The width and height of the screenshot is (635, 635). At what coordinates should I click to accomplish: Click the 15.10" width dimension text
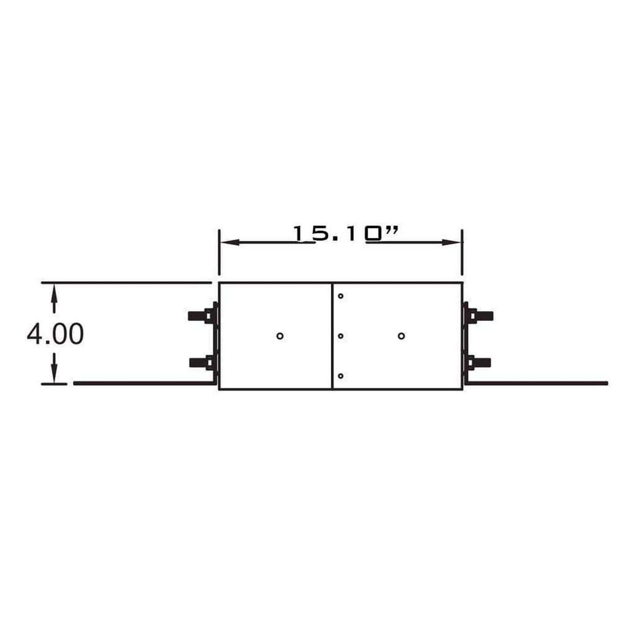pos(345,234)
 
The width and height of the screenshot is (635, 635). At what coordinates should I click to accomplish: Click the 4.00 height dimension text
pos(55,334)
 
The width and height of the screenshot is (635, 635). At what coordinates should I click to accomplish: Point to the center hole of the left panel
pos(280,336)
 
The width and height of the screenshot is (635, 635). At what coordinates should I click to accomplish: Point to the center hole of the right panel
pos(401,336)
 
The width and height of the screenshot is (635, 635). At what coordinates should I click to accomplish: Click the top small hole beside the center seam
pos(341,296)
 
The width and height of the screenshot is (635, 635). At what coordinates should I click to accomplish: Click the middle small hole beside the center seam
pos(341,336)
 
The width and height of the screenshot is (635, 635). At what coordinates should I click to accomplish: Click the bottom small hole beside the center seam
pos(341,376)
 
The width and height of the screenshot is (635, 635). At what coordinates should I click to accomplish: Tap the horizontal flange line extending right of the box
pos(541,383)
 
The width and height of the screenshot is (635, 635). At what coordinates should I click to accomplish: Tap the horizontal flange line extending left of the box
pos(141,383)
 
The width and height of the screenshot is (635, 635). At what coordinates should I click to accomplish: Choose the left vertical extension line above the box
pos(219,253)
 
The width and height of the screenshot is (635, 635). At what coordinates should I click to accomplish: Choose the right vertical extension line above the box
pos(462,253)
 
